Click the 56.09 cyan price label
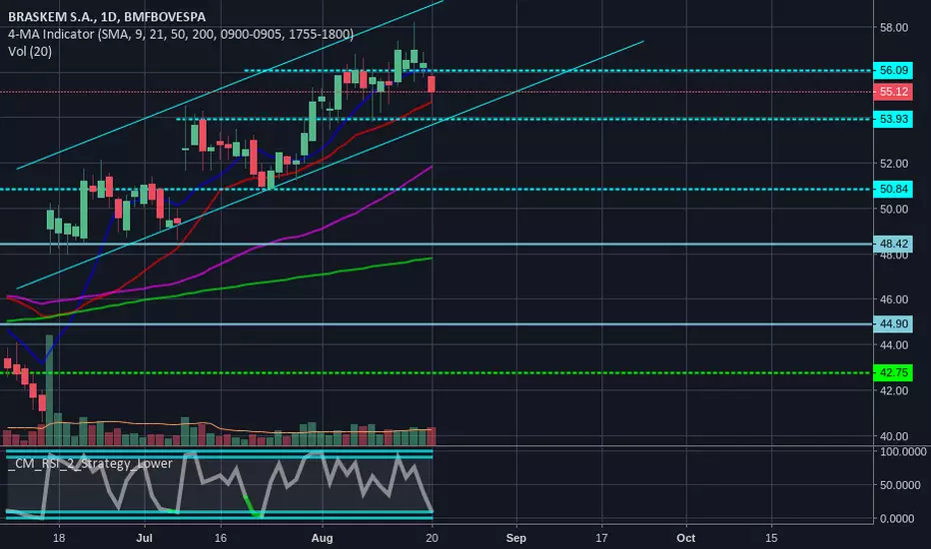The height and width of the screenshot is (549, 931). [893, 70]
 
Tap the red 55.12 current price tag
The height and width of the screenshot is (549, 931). [893, 92]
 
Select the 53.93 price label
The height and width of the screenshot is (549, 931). [893, 119]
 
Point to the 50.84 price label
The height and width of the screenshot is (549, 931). [893, 189]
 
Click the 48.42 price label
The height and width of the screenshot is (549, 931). [893, 244]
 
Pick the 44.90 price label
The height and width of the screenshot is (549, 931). [893, 324]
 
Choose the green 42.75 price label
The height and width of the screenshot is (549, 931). [893, 372]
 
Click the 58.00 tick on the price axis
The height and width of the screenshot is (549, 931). [894, 27]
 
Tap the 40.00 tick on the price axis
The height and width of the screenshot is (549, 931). [894, 436]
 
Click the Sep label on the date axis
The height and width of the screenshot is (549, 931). [516, 538]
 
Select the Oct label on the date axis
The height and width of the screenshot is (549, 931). [686, 538]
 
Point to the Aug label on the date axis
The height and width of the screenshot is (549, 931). [322, 538]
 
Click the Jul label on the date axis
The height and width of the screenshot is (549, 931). [144, 538]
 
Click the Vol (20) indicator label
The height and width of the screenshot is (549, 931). [30, 52]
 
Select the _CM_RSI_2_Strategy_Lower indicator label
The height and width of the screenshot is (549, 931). [90, 463]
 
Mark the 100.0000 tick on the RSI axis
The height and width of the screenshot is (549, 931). [902, 452]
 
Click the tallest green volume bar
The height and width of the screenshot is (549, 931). [49, 390]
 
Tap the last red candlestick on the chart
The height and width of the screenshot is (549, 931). [432, 84]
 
